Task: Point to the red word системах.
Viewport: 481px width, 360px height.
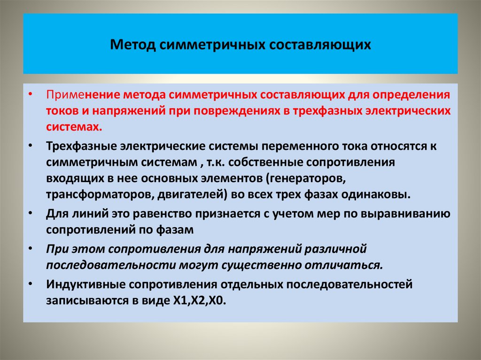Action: pos(73,127)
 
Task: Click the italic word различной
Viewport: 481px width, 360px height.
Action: pos(336,248)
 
